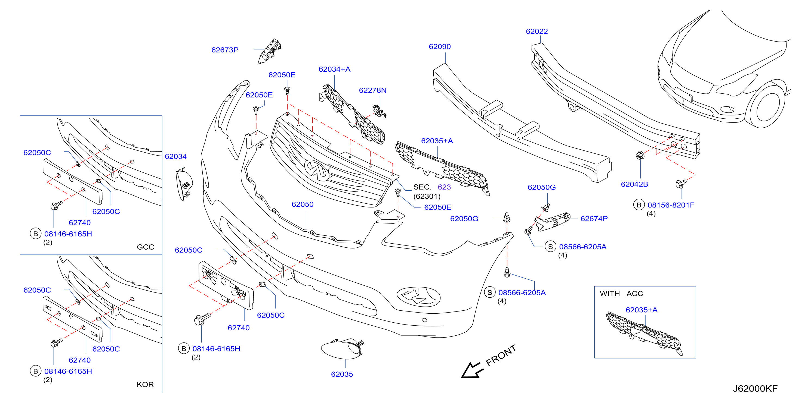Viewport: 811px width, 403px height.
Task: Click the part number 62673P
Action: (225, 50)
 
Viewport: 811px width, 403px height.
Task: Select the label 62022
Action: (537, 32)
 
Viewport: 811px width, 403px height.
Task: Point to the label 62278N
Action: (372, 90)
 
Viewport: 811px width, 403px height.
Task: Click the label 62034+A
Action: (334, 69)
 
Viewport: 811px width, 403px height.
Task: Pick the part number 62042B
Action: (634, 184)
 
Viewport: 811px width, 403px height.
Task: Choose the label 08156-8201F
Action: (671, 205)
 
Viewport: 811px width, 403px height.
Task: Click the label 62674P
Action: (594, 219)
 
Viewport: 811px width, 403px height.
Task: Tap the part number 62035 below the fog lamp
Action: (342, 374)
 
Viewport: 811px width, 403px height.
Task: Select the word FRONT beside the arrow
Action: (501, 355)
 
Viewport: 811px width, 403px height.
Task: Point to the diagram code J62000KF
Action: (755, 389)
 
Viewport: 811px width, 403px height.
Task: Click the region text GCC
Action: (146, 247)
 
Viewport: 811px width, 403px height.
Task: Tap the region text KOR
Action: (145, 385)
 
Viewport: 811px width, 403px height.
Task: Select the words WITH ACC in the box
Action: (621, 294)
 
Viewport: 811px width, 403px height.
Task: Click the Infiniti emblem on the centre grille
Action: (317, 170)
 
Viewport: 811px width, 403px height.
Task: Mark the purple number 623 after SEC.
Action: (444, 187)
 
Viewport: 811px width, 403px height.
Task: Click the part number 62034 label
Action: (175, 156)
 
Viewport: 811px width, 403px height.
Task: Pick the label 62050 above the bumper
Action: (303, 204)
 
